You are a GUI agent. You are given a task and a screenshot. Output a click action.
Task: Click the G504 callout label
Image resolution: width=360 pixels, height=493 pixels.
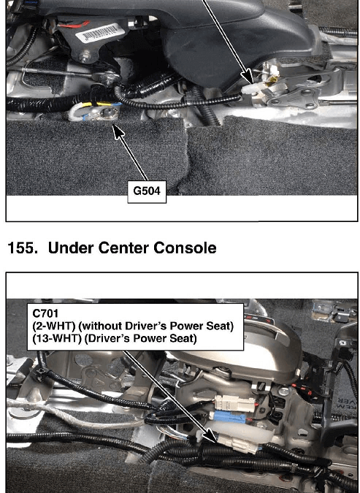click(x=147, y=191)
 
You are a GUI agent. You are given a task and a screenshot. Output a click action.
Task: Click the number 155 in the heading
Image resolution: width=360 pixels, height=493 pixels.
click(x=20, y=248)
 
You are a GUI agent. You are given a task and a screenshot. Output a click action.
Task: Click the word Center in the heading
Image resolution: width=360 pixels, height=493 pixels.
click(x=124, y=248)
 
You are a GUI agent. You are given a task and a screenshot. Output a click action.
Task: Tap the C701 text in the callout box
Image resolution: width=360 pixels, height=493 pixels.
click(x=45, y=313)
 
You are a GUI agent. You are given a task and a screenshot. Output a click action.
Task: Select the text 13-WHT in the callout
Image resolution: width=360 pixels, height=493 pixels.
click(x=57, y=339)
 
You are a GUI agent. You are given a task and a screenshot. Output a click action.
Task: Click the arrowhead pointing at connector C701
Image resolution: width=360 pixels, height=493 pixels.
click(x=210, y=436)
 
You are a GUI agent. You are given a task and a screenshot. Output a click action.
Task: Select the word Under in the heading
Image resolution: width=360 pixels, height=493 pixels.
click(x=71, y=248)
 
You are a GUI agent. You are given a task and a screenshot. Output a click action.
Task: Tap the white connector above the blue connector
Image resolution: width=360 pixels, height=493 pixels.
click(x=234, y=404)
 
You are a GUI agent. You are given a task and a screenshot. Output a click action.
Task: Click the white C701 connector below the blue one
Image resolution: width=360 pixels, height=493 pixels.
click(x=239, y=443)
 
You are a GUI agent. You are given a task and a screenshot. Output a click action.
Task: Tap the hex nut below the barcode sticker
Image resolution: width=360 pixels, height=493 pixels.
click(x=84, y=57)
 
